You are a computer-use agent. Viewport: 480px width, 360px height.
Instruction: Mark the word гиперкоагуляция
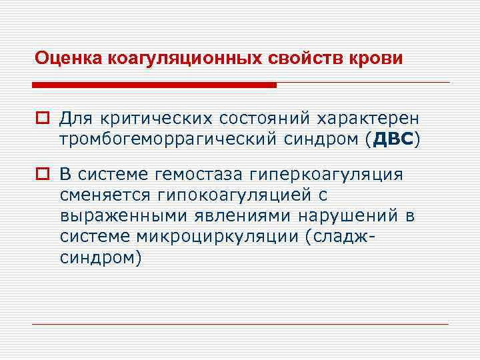[x=326, y=175]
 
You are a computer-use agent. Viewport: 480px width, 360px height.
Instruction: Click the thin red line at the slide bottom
[x=240, y=325]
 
